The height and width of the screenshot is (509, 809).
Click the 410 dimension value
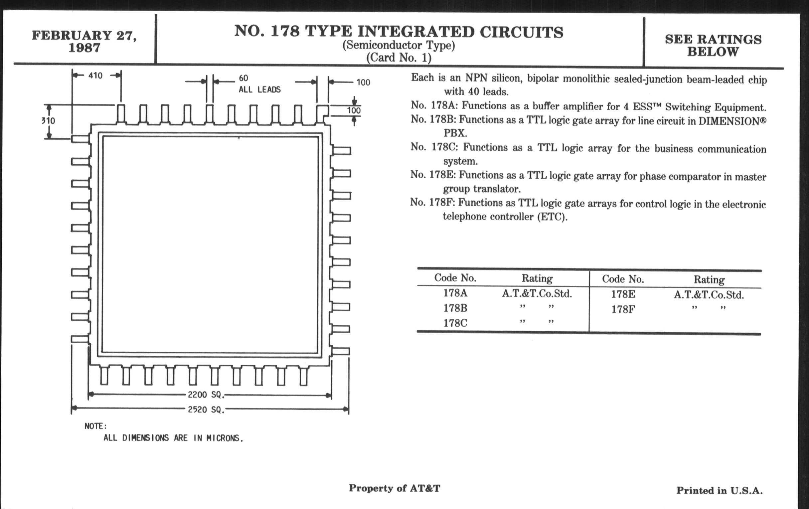[95, 76]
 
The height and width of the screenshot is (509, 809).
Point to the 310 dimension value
[48, 121]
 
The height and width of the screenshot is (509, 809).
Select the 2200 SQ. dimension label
[206, 395]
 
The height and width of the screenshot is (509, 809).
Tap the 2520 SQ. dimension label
[206, 410]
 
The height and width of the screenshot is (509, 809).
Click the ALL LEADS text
[259, 90]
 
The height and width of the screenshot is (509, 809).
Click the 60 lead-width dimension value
[243, 78]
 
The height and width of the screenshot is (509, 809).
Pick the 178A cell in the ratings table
[455, 293]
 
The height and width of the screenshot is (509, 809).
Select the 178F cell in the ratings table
[623, 309]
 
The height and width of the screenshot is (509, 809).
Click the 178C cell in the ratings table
[455, 323]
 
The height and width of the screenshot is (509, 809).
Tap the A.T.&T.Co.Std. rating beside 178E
[709, 295]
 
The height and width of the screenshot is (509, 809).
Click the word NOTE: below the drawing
[96, 426]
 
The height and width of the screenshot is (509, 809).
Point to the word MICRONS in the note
[225, 438]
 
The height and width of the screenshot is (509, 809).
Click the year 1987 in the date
[84, 48]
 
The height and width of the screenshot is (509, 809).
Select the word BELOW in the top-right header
[713, 52]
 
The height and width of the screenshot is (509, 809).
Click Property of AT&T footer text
[394, 488]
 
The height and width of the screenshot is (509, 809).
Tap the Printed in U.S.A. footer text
[719, 491]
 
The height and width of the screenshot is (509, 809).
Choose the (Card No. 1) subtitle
[399, 58]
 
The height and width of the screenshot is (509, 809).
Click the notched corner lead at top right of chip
[322, 114]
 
